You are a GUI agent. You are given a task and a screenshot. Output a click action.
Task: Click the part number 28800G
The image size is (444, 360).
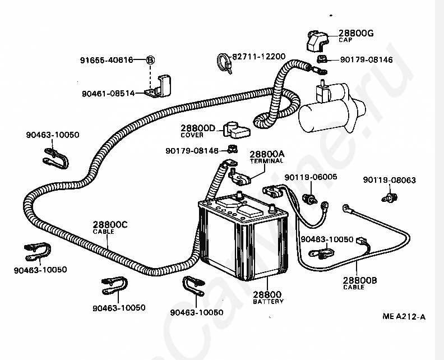tap(356, 34)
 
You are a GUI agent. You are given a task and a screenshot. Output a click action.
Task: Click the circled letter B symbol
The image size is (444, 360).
tap(151, 59)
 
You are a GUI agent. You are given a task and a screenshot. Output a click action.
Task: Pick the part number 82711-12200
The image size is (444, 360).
tap(258, 57)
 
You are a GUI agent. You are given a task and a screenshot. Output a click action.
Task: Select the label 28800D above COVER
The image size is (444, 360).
tap(198, 128)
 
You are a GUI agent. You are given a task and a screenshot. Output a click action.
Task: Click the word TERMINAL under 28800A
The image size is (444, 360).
tap(267, 161)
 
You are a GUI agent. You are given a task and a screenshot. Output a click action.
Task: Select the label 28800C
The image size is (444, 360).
tap(110, 225)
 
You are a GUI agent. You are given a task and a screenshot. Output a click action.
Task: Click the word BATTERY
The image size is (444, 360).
tap(268, 301)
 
